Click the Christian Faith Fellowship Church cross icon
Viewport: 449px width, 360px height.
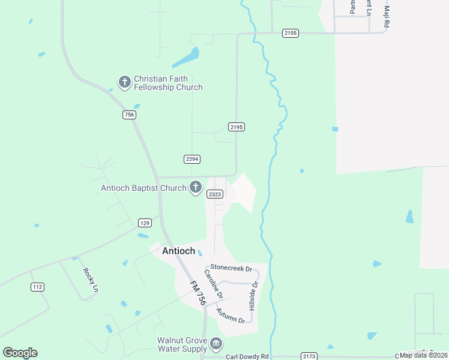click(125, 82)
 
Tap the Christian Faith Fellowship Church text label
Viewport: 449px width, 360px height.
click(168, 83)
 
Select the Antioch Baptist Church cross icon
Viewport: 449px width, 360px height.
click(195, 188)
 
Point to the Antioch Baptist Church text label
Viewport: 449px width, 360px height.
click(143, 188)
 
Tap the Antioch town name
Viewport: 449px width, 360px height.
click(178, 251)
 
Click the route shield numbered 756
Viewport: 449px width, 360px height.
click(128, 115)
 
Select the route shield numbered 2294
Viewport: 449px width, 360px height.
click(191, 159)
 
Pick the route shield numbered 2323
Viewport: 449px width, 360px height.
click(215, 194)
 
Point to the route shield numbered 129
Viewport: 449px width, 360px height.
click(144, 223)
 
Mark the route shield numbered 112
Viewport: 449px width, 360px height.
click(38, 287)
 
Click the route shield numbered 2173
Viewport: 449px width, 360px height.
click(310, 356)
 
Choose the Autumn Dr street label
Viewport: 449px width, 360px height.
click(231, 315)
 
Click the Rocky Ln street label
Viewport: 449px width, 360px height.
click(90, 279)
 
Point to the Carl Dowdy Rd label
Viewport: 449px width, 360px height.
click(248, 356)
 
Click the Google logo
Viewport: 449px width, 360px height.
click(20, 353)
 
